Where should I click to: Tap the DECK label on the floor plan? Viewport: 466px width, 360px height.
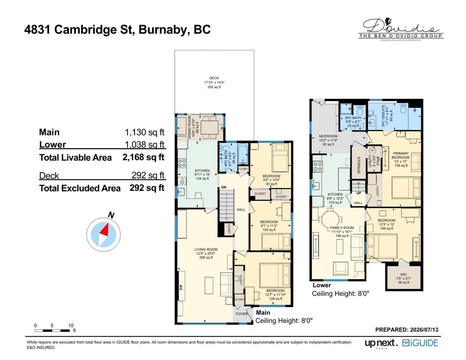click(x=214, y=78)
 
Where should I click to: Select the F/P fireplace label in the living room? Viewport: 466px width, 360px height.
click(x=181, y=287)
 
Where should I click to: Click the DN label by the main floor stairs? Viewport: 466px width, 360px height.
click(x=224, y=187)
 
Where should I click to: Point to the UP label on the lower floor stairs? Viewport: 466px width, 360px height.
click(x=359, y=193)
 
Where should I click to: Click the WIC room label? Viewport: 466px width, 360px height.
click(x=403, y=274)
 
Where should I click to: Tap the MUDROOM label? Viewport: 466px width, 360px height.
click(x=328, y=136)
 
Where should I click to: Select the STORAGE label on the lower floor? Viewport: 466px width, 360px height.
click(x=359, y=165)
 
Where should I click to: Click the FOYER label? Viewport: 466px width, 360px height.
click(x=242, y=314)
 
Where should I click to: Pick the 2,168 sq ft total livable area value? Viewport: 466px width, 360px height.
click(x=144, y=157)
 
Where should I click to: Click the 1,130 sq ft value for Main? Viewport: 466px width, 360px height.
click(x=144, y=132)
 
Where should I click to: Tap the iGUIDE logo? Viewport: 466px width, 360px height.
click(x=420, y=343)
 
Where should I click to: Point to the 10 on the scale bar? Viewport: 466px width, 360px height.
click(x=71, y=325)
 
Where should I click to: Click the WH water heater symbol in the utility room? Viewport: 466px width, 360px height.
click(x=373, y=150)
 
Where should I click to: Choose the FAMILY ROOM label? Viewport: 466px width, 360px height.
click(x=342, y=228)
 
